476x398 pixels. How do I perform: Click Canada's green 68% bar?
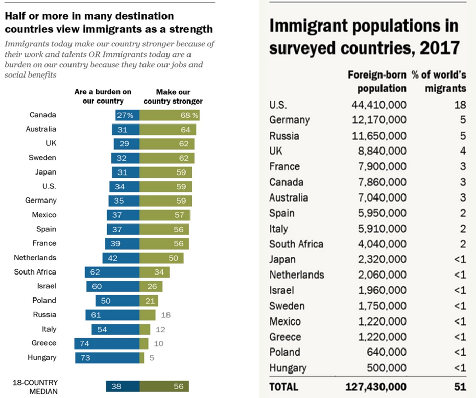(x=170, y=115)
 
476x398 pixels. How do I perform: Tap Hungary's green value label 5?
(x=152, y=358)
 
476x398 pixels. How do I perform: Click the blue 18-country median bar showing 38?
(x=123, y=386)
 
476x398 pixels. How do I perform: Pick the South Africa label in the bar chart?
(x=35, y=272)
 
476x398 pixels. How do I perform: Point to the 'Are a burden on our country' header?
(x=103, y=96)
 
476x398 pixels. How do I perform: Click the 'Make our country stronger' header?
(x=173, y=96)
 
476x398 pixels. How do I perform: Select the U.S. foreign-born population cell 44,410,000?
(x=378, y=105)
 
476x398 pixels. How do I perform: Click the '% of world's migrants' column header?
(x=439, y=81)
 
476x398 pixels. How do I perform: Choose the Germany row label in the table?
(x=289, y=120)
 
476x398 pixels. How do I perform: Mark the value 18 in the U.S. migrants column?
(x=460, y=105)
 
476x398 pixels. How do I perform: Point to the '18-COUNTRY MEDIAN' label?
(x=35, y=387)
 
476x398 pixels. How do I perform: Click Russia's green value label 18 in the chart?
(x=165, y=315)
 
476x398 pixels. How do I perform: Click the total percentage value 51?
(x=460, y=386)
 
